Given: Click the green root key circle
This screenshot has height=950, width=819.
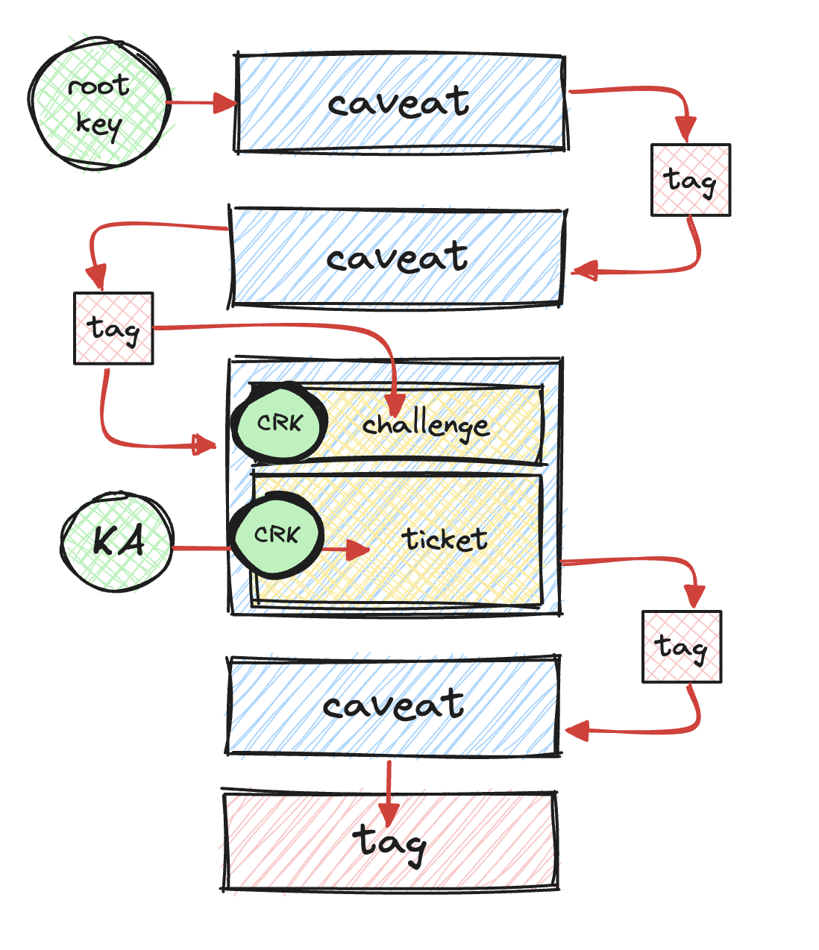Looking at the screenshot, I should (x=99, y=104).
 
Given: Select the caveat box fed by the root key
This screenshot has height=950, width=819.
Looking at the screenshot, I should (x=400, y=103).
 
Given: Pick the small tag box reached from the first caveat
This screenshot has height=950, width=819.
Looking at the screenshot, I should (x=691, y=180).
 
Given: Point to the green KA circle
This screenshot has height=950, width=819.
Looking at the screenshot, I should (x=117, y=541).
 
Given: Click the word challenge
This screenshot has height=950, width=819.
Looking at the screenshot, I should (x=426, y=426).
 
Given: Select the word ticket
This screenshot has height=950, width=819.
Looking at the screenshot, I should (x=445, y=538).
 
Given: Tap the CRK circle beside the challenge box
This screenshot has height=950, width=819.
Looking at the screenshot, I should (x=280, y=423).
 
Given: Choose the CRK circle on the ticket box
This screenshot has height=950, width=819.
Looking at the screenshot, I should (x=277, y=535).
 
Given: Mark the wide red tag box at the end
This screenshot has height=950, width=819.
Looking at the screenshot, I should (x=390, y=840).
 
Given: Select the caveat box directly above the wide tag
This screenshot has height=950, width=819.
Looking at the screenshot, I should (x=393, y=706).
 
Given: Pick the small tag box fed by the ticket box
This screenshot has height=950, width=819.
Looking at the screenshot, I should (x=682, y=647).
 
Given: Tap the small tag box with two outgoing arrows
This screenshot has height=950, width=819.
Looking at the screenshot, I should (x=113, y=328).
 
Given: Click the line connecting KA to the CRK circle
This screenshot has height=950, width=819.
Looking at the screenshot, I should (x=201, y=549).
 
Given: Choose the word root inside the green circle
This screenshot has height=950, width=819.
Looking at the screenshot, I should (x=98, y=86).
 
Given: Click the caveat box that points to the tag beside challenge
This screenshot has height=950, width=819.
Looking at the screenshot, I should (x=397, y=257).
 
